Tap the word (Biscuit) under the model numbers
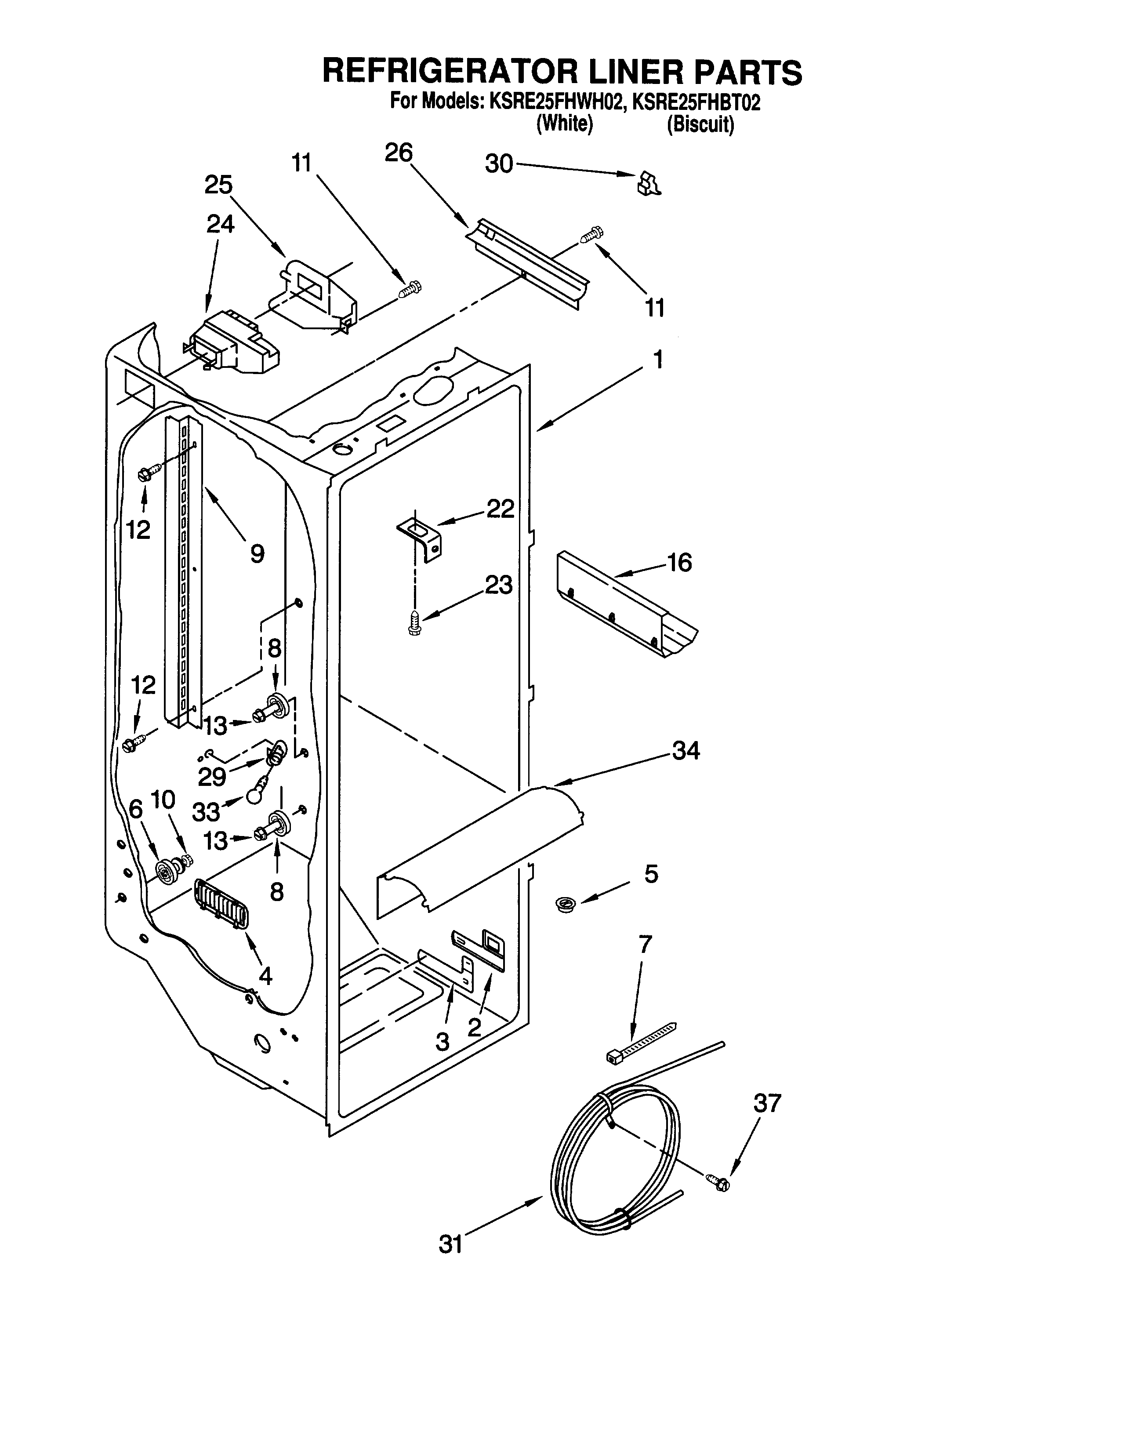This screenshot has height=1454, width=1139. (x=701, y=125)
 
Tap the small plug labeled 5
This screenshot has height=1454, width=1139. (x=566, y=905)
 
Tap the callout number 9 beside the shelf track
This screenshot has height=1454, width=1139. (x=257, y=553)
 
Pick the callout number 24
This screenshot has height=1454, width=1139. (x=220, y=224)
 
